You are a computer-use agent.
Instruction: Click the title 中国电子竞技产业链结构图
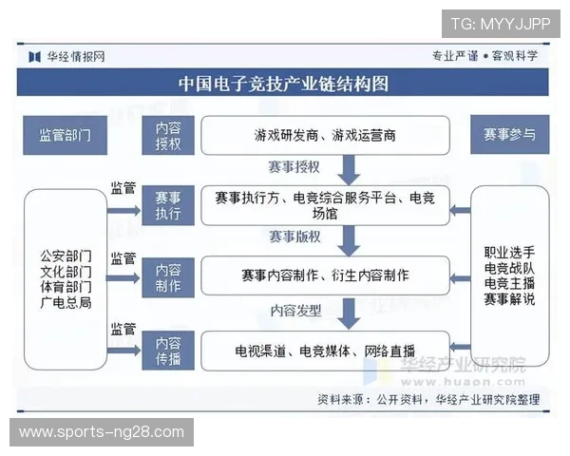(284, 84)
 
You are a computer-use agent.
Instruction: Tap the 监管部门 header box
(65, 135)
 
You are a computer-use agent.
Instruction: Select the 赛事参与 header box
(509, 135)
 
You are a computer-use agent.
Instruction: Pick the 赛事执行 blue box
(168, 206)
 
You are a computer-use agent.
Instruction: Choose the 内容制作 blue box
(168, 275)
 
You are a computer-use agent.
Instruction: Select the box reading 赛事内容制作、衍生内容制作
(324, 275)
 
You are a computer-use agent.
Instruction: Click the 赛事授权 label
(294, 167)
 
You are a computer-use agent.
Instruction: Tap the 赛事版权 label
(294, 236)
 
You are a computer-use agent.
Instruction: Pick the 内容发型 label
(295, 310)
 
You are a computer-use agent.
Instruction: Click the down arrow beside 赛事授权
(350, 168)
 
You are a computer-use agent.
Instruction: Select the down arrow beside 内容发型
(350, 311)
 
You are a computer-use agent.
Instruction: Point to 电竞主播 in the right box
(509, 282)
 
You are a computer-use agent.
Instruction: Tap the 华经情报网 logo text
(76, 56)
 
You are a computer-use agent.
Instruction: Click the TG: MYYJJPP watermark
(500, 23)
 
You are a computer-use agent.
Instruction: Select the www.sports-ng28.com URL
(102, 432)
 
